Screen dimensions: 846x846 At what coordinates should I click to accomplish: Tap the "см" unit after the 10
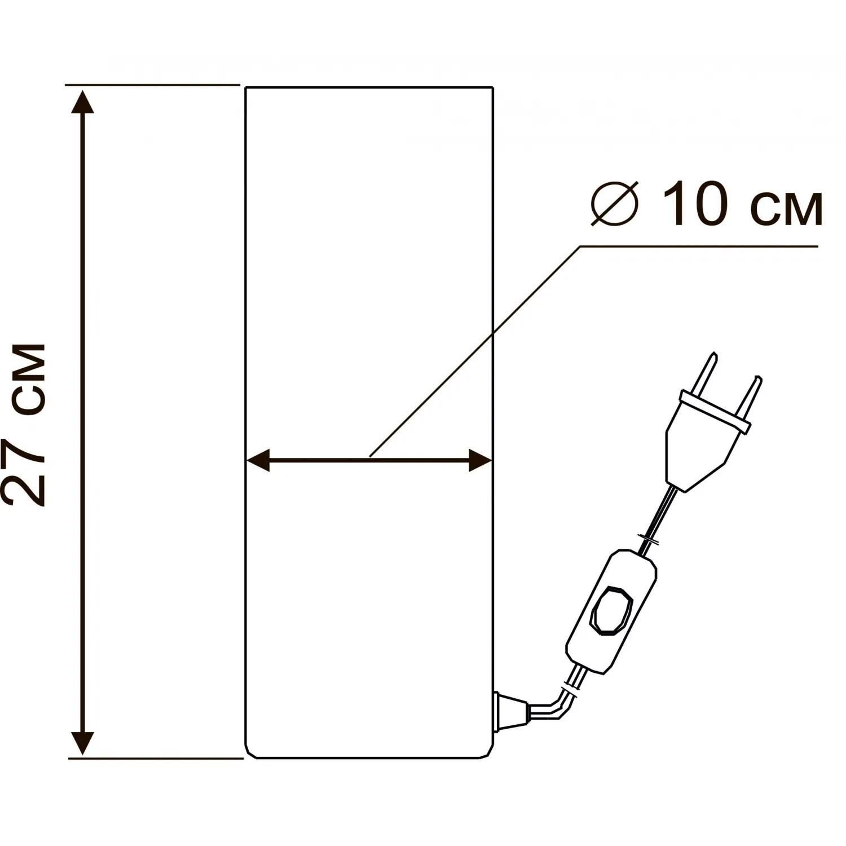pyautogui.click(x=787, y=209)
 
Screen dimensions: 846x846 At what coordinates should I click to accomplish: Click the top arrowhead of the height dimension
pyautogui.click(x=83, y=102)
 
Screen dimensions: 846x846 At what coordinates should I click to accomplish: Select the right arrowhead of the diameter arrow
pyautogui.click(x=480, y=461)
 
